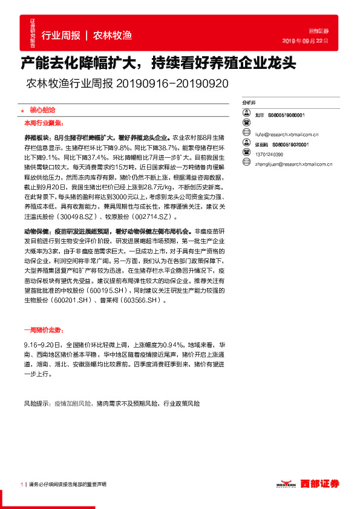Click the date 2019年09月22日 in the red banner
(x=306, y=41)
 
